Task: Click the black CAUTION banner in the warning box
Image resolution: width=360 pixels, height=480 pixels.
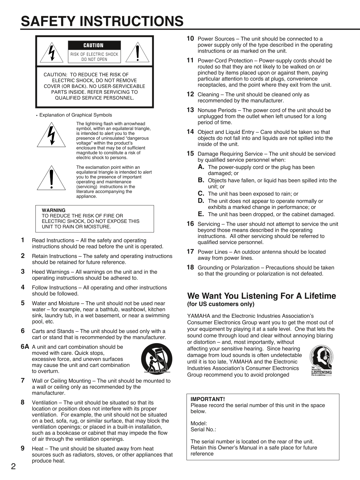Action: (94, 45)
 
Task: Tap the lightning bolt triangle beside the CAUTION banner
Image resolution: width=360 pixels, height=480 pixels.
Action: (52, 53)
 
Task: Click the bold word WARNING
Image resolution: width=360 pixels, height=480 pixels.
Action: (54, 210)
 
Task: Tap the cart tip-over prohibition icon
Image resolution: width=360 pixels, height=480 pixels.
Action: (156, 359)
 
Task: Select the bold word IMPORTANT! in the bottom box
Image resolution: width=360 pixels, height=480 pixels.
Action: (207, 399)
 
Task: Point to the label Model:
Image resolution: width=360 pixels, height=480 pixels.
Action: (199, 423)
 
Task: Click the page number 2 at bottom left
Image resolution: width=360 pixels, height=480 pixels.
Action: (13, 467)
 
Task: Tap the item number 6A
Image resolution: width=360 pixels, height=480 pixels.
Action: (25, 346)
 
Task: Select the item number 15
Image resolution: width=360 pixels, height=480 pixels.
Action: (190, 153)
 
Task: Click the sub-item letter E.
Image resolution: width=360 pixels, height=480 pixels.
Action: (201, 214)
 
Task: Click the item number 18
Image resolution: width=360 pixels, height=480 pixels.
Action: (190, 267)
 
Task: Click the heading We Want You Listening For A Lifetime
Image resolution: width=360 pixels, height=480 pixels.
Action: (262, 296)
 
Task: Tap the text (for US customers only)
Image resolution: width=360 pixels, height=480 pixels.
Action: (221, 304)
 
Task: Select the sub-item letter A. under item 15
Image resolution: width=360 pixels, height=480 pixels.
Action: (201, 167)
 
